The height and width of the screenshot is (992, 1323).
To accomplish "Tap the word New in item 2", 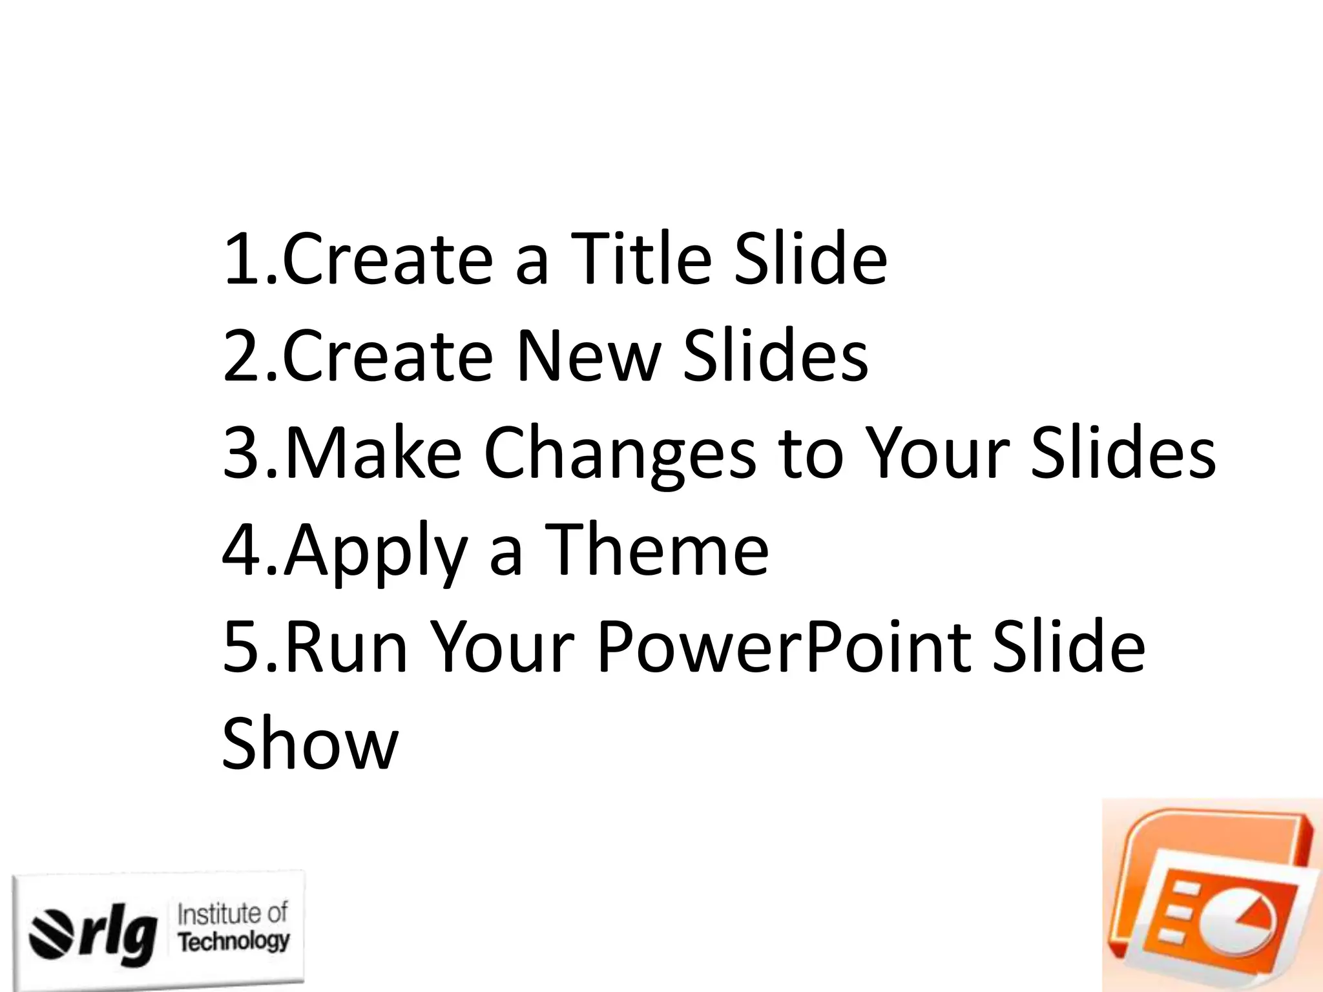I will (x=588, y=355).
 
